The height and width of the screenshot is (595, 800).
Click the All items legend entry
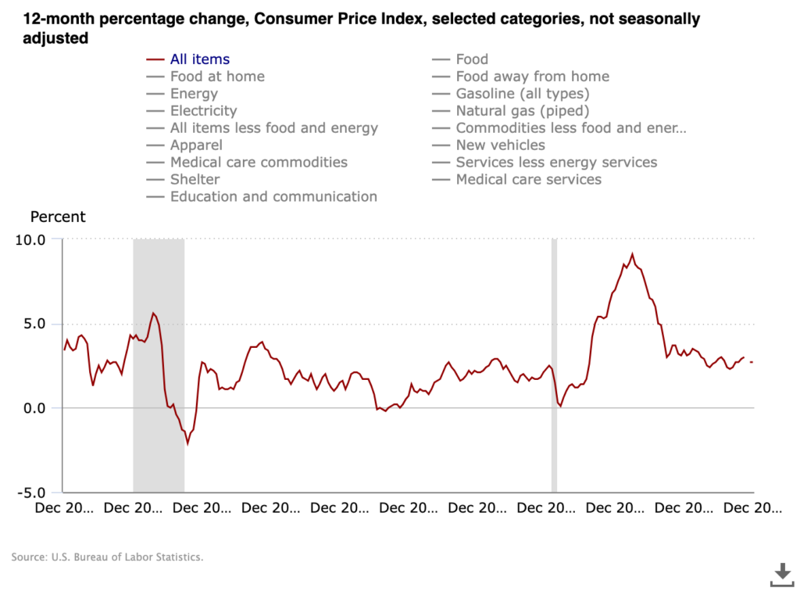point(199,59)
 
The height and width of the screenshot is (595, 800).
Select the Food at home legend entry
point(216,77)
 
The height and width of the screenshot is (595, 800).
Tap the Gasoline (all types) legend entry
point(522,94)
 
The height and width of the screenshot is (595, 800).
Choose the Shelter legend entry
point(195,180)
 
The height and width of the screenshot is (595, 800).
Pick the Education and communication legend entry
point(273,197)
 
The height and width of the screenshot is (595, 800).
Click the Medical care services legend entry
point(528,180)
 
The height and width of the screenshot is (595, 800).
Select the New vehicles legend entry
point(500,145)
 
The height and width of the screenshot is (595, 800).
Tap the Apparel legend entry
point(196,145)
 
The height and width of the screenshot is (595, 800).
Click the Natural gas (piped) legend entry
point(522,111)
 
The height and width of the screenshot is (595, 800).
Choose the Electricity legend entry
point(203,111)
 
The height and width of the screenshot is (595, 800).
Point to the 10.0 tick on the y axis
point(30,239)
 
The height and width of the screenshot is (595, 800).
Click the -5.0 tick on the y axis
point(30,493)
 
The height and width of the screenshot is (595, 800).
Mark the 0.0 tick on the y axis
point(34,408)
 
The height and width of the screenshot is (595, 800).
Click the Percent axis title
point(58,217)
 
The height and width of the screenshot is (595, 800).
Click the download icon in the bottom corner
point(781,575)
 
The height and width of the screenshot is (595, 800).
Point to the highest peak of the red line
point(632,254)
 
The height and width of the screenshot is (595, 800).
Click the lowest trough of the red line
point(187,443)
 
